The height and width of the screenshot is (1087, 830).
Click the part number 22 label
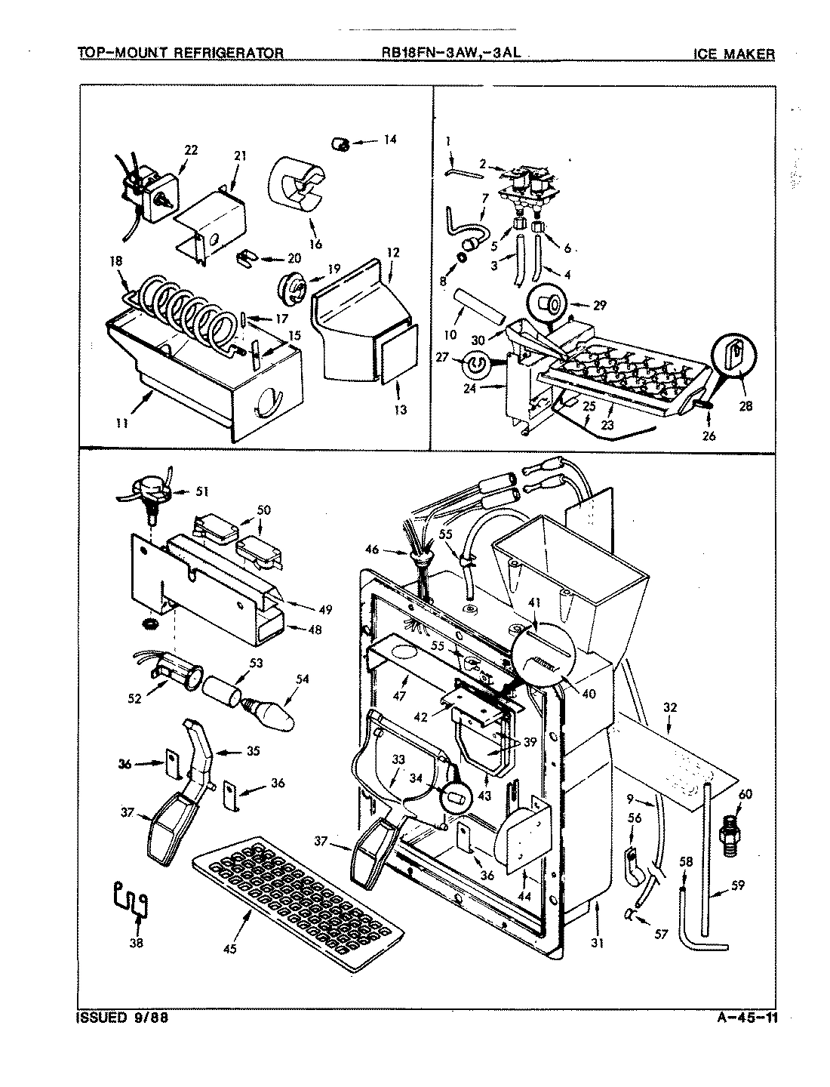[x=191, y=150]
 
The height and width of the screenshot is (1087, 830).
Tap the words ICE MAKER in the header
[x=733, y=54]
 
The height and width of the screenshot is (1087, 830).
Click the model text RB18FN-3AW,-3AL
[x=452, y=53]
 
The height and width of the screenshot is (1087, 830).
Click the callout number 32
[x=670, y=708]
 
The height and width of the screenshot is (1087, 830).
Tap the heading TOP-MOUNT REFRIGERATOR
[x=181, y=53]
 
